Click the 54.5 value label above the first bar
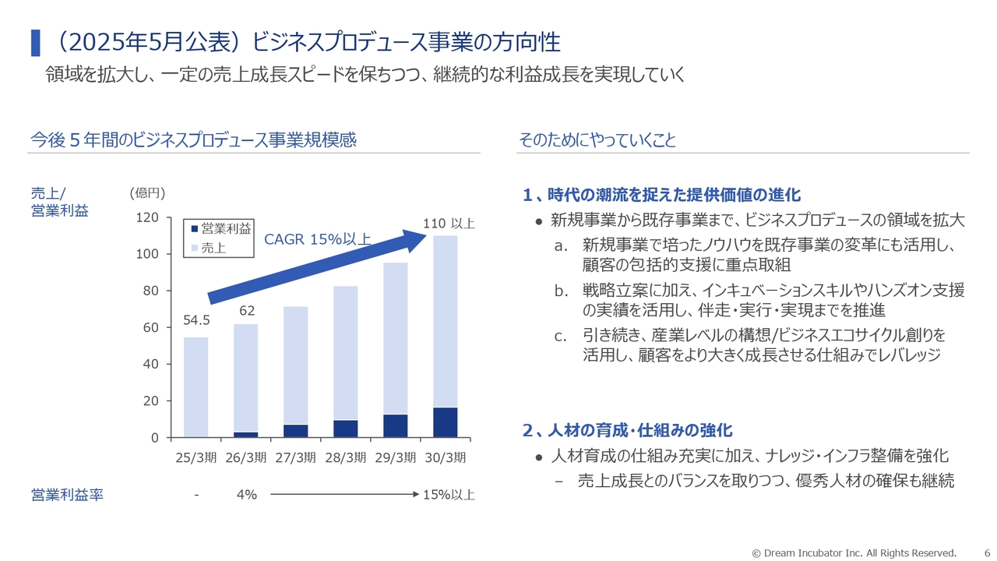196,320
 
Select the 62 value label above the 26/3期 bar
247,310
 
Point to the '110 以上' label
449,224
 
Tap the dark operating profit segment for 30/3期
445,422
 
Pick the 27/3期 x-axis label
295,457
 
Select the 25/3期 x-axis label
196,457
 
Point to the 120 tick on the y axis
148,217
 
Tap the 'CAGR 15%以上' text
317,239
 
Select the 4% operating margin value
246,495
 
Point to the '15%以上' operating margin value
449,495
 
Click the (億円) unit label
147,192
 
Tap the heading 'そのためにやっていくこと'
597,140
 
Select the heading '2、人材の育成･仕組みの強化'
627,430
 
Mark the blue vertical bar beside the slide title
35,43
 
